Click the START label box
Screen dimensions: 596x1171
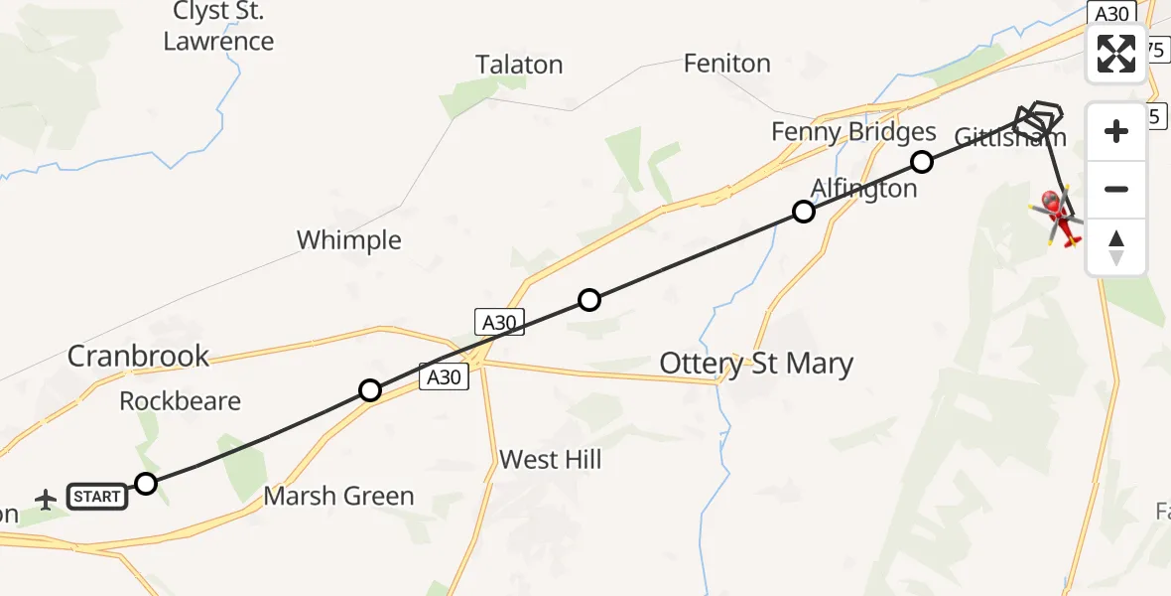click(x=97, y=497)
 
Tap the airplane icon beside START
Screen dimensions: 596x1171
click(x=46, y=498)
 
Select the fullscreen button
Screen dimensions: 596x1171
click(x=1116, y=54)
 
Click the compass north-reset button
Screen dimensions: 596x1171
click(x=1116, y=247)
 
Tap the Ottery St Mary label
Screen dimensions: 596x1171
click(x=756, y=365)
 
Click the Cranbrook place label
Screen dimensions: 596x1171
click(x=138, y=356)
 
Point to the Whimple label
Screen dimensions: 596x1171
click(x=349, y=240)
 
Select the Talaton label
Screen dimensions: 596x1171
click(x=519, y=66)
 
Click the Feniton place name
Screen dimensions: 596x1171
click(x=727, y=64)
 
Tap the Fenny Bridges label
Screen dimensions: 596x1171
click(x=853, y=132)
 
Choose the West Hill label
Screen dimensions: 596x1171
click(x=551, y=460)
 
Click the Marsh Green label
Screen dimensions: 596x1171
click(x=338, y=496)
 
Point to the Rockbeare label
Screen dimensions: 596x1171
click(x=180, y=401)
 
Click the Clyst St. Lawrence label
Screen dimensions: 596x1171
click(x=218, y=27)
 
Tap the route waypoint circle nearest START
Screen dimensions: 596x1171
click(x=146, y=484)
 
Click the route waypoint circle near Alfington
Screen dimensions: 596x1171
click(x=804, y=212)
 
